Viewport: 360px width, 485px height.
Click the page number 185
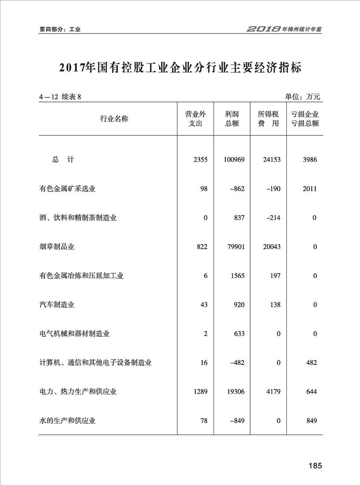(x=315, y=466)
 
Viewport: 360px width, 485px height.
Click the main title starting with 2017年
(x=180, y=68)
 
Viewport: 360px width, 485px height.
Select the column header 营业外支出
(x=195, y=119)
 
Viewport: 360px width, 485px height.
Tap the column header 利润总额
(x=232, y=119)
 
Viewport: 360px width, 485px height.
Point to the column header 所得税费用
(x=268, y=119)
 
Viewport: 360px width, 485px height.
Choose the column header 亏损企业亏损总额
(x=304, y=119)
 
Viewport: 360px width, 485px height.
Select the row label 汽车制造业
(x=56, y=305)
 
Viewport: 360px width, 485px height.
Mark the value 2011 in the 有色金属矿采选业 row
(x=309, y=189)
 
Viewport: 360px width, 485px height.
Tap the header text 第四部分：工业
(x=60, y=30)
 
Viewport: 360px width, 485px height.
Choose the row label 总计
(x=63, y=160)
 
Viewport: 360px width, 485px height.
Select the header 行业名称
(x=114, y=119)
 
